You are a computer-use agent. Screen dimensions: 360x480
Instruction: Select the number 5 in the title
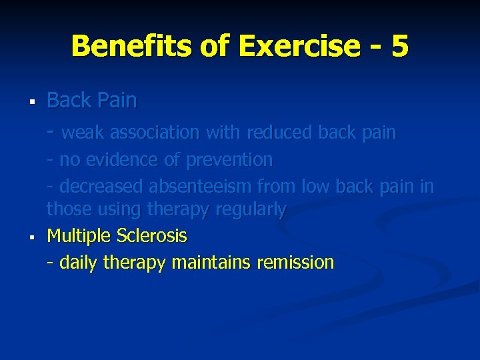(x=400, y=46)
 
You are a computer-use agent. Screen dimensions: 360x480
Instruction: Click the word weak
(x=83, y=133)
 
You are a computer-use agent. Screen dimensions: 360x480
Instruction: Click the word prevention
(x=229, y=161)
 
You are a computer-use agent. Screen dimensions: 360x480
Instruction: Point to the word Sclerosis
(x=152, y=236)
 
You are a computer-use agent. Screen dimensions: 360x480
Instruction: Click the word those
(x=69, y=209)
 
